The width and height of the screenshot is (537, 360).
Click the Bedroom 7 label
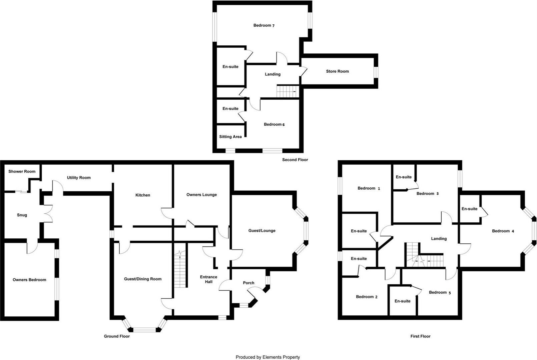[x=264, y=25]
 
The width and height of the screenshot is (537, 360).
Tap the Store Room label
[x=337, y=71]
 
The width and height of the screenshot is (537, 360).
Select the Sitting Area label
[x=230, y=137]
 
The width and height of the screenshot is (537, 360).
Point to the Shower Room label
[x=22, y=171]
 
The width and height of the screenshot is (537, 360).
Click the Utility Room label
[x=79, y=178]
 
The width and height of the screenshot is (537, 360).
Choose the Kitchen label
[x=143, y=195]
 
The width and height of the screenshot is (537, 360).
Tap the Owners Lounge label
[x=201, y=195]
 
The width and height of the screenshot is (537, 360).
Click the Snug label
[x=22, y=215]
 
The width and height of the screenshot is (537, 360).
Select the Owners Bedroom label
[x=29, y=280]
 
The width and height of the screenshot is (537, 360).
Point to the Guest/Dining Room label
[x=143, y=279]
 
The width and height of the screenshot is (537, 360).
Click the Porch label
[x=248, y=283]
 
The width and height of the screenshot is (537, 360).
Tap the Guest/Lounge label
[x=262, y=231]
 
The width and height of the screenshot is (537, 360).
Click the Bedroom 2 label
[x=367, y=297]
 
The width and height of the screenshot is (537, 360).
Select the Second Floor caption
[x=295, y=160]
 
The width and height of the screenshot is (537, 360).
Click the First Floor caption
[x=420, y=336]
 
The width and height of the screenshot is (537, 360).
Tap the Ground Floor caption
[x=117, y=336]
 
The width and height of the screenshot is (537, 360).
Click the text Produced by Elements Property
[x=268, y=357]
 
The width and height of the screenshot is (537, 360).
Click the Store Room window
[x=376, y=72]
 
